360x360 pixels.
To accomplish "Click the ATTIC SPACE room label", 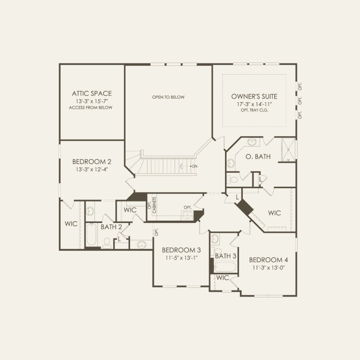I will [91, 93].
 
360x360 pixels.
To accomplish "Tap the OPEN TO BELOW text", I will [168, 97].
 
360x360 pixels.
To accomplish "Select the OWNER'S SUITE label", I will [254, 96].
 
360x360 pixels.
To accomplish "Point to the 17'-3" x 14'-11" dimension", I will [254, 104].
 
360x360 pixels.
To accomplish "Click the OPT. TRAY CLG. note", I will [254, 110].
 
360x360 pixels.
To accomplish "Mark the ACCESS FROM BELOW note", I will [91, 107].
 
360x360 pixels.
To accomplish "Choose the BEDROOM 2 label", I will [91, 162].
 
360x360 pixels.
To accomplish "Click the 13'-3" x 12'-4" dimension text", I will [91, 169].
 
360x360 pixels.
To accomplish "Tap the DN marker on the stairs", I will [195, 166].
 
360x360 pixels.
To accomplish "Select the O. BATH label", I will [258, 157].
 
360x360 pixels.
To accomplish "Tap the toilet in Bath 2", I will [106, 242].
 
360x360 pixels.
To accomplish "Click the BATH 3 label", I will [225, 256].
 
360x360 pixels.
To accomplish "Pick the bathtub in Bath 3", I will [225, 267].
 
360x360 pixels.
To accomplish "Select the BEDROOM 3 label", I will [182, 250].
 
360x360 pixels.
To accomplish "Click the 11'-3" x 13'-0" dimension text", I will [268, 267].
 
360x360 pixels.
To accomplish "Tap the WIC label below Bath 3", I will [222, 278].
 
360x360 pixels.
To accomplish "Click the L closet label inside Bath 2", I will [119, 239].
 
